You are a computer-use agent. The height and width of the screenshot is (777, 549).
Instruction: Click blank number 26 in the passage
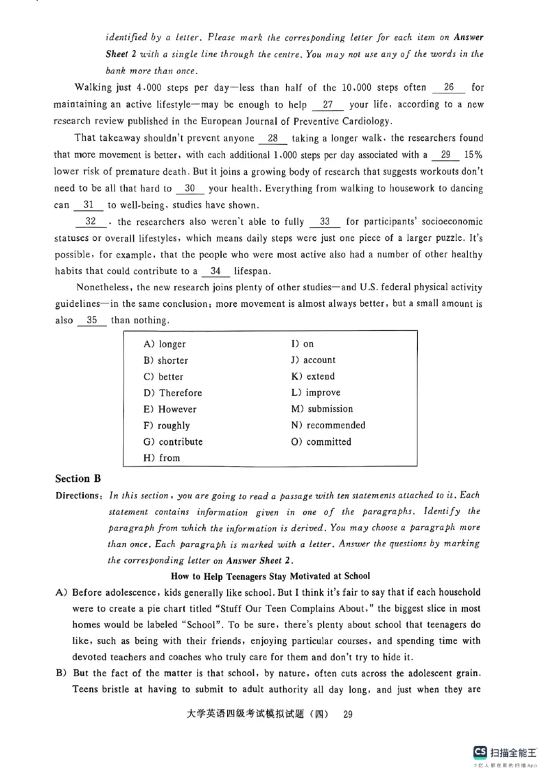point(449,88)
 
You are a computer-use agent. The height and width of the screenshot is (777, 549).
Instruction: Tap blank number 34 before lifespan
point(216,270)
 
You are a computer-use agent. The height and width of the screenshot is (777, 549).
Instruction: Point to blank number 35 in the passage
point(92,321)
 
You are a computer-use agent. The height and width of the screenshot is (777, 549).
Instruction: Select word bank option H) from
point(162,459)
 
